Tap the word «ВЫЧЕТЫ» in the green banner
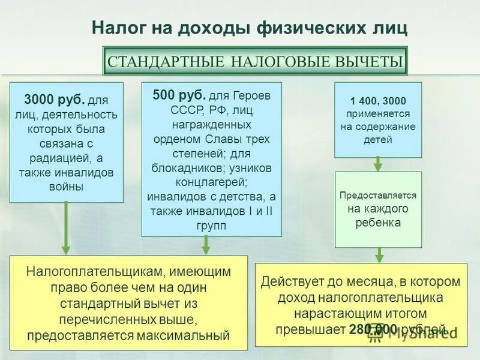click(x=365, y=61)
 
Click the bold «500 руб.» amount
click(x=179, y=94)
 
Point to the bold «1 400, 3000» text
click(x=378, y=100)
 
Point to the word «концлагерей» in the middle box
click(x=211, y=182)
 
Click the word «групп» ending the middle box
click(x=211, y=226)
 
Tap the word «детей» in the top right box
click(x=378, y=140)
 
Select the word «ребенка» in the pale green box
click(x=378, y=223)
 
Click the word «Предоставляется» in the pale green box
click(x=378, y=196)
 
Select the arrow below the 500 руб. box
click(x=206, y=245)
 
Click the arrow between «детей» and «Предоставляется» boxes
click(x=378, y=164)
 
